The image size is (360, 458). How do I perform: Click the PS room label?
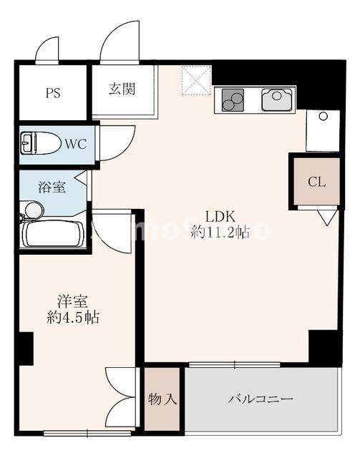tap(53, 92)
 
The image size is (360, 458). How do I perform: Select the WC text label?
tap(75, 144)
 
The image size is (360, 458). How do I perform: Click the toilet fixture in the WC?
tap(39, 143)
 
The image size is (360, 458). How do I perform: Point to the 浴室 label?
tap(52, 187)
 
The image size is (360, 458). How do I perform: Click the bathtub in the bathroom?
tap(53, 233)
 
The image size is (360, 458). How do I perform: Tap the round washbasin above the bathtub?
tap(32, 210)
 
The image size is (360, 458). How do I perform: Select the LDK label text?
tap(220, 217)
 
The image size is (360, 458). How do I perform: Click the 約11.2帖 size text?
tap(220, 233)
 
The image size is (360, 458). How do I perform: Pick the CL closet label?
tap(316, 182)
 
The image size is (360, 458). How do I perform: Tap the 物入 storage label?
tap(162, 399)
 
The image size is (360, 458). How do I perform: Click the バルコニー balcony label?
tap(261, 399)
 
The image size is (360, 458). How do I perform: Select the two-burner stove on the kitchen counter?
tap(233, 100)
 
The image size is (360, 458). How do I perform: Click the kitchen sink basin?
tap(277, 99)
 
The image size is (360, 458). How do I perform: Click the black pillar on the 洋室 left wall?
tap(25, 349)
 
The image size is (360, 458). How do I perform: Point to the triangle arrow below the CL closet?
tap(326, 216)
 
